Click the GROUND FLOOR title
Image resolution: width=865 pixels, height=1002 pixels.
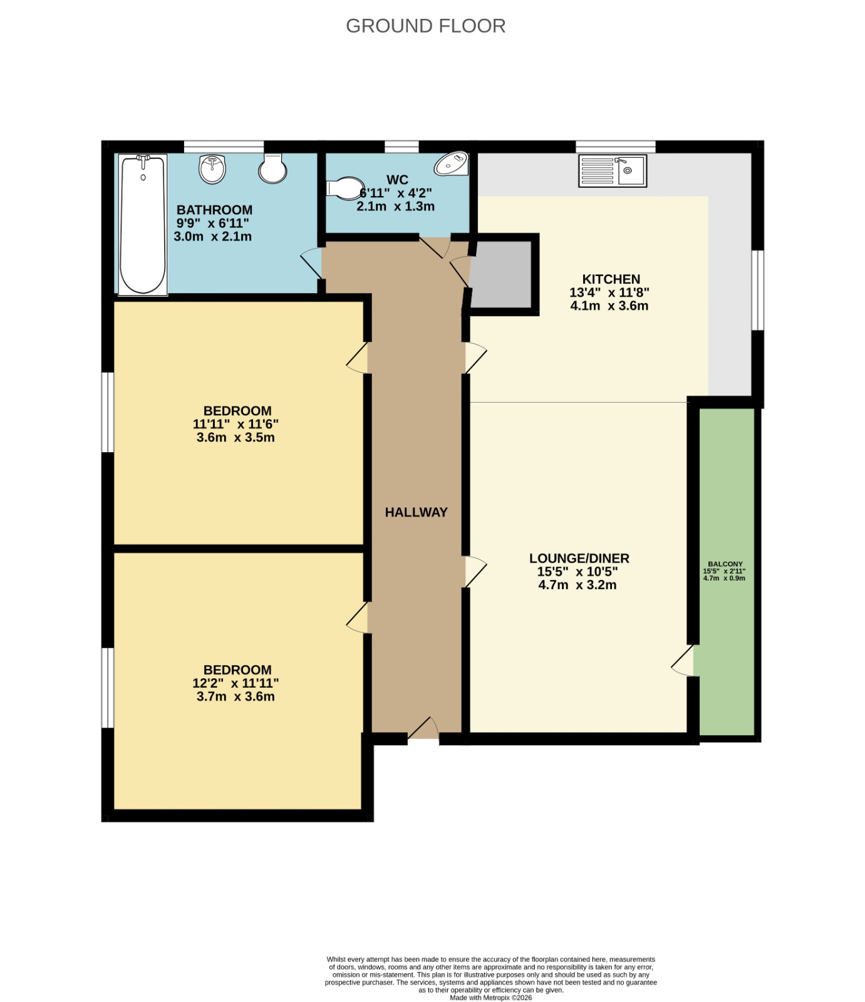tap(425, 26)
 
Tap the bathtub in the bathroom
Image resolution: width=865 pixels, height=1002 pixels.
tap(143, 225)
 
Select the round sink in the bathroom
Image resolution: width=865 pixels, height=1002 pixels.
tap(212, 169)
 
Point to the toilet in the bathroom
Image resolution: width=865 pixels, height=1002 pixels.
tap(272, 168)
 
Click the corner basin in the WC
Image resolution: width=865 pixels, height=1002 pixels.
tap(453, 164)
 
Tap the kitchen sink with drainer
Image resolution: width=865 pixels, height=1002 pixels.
tap(613, 170)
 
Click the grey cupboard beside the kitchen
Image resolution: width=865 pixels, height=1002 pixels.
tap(501, 274)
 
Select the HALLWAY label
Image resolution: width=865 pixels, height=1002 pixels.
tap(416, 512)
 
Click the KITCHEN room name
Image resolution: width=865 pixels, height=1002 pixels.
tap(611, 279)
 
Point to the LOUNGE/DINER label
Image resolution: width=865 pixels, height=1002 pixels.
tap(579, 558)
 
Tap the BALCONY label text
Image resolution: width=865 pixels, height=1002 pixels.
tap(725, 564)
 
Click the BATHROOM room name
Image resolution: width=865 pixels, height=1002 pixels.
tap(214, 210)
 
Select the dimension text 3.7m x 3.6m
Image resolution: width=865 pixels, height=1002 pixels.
tap(236, 696)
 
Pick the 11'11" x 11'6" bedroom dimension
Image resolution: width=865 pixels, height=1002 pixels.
tap(236, 424)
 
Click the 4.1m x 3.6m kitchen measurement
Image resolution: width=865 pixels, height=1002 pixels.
tap(609, 306)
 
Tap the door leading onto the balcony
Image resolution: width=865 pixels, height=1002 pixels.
tap(683, 661)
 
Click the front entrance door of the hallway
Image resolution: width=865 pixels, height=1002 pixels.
tap(423, 730)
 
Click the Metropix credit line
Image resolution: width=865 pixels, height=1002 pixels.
tap(490, 998)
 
